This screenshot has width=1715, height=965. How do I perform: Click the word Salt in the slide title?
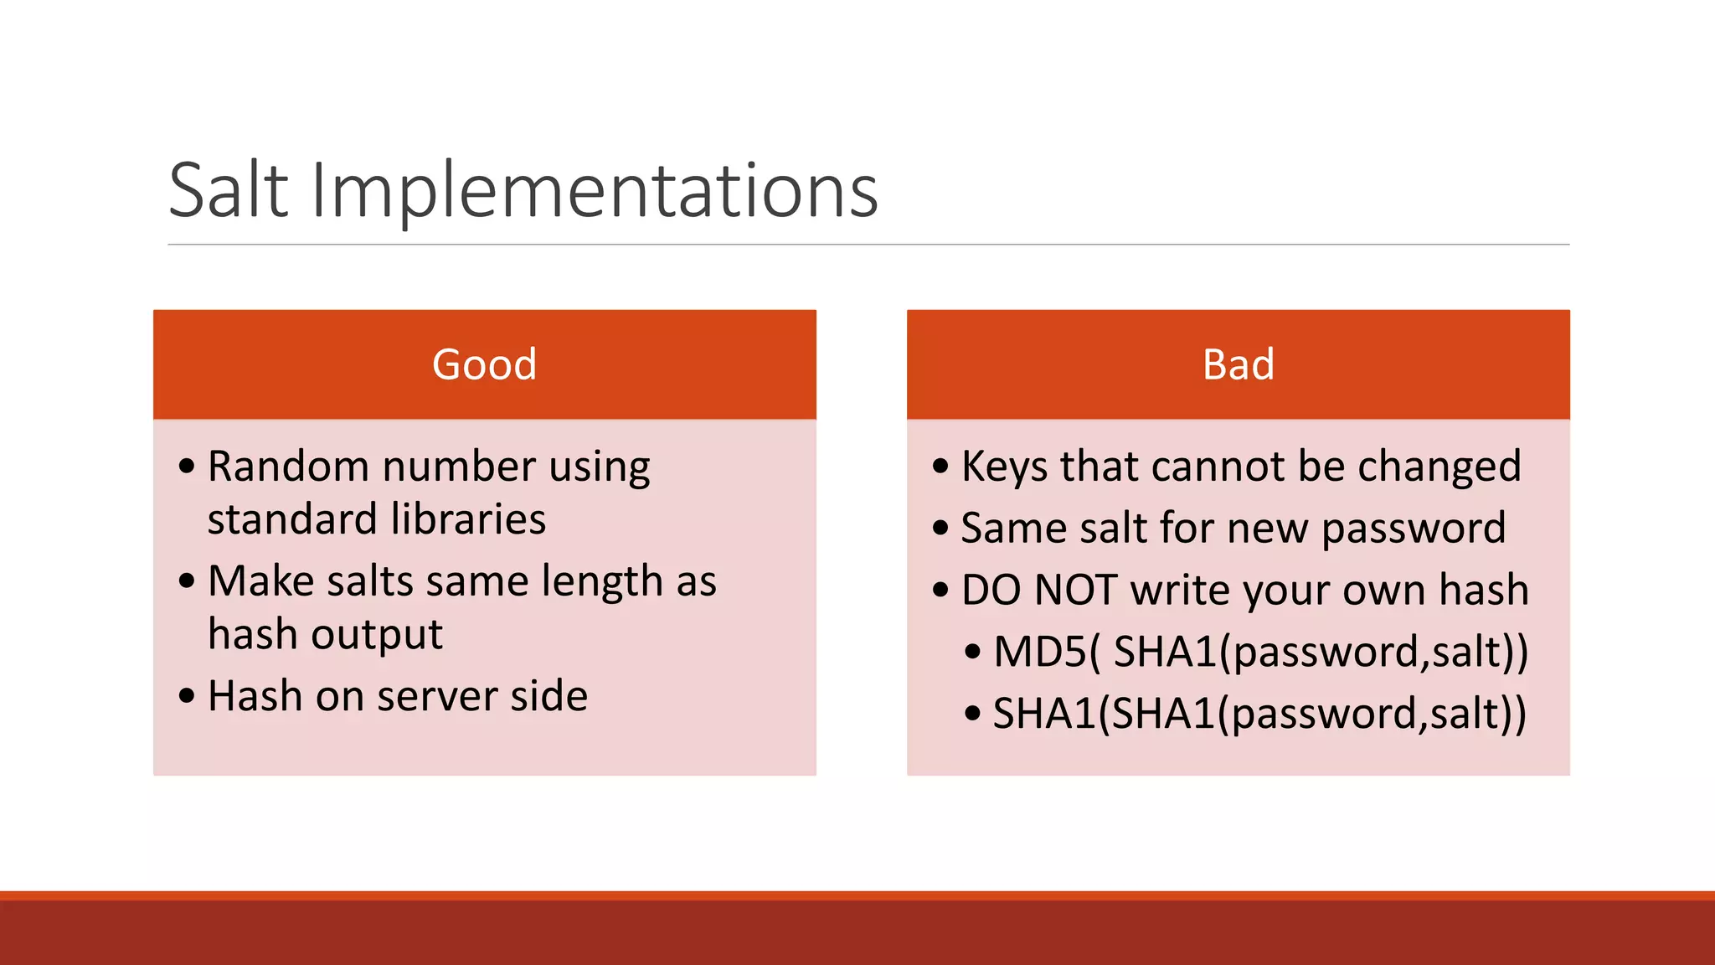229,191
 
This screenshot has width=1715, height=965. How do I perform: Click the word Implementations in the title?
594,191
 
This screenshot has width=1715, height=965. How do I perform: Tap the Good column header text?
484,364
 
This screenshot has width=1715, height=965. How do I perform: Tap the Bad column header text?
1238,364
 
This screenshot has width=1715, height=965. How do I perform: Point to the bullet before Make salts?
187,581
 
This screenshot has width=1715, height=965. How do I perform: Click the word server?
437,697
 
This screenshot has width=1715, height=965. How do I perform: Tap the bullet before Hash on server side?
187,695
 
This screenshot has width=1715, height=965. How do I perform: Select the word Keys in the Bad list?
1005,467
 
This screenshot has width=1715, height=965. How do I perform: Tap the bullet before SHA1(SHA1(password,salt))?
972,714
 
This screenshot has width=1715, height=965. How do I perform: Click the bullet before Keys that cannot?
940,466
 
